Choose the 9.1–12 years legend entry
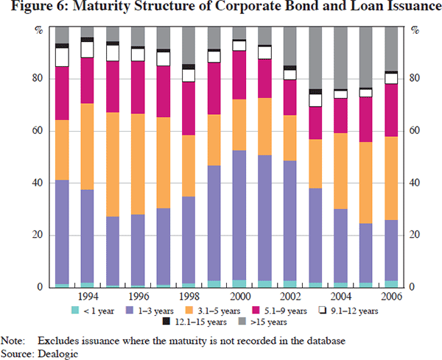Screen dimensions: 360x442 (x=401, y=309)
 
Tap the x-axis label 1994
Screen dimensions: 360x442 (x=88, y=296)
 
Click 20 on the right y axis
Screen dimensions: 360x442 (x=415, y=236)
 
